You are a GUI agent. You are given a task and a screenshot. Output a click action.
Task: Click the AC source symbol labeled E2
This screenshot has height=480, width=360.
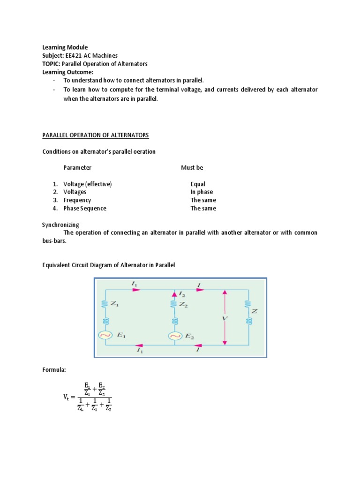(x=174, y=336)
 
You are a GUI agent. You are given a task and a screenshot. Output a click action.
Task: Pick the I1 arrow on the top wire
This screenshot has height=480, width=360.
(x=136, y=290)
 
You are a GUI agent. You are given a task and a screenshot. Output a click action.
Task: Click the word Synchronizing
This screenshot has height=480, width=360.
(x=60, y=225)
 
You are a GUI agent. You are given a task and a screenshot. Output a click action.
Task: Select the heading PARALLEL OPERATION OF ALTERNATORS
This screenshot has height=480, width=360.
(x=96, y=135)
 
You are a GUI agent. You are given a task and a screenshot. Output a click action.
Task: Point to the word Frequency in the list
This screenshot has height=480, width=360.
(x=77, y=200)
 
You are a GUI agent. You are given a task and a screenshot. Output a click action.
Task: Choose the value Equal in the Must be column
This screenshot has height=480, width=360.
(x=198, y=184)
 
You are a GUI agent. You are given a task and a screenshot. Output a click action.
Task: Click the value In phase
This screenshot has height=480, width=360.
(x=202, y=192)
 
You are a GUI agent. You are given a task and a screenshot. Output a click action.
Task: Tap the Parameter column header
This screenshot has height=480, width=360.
(x=77, y=167)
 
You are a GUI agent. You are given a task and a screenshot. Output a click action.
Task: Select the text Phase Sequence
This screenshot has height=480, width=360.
(x=85, y=208)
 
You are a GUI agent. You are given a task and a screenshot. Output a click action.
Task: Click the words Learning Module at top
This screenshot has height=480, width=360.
(x=65, y=47)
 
